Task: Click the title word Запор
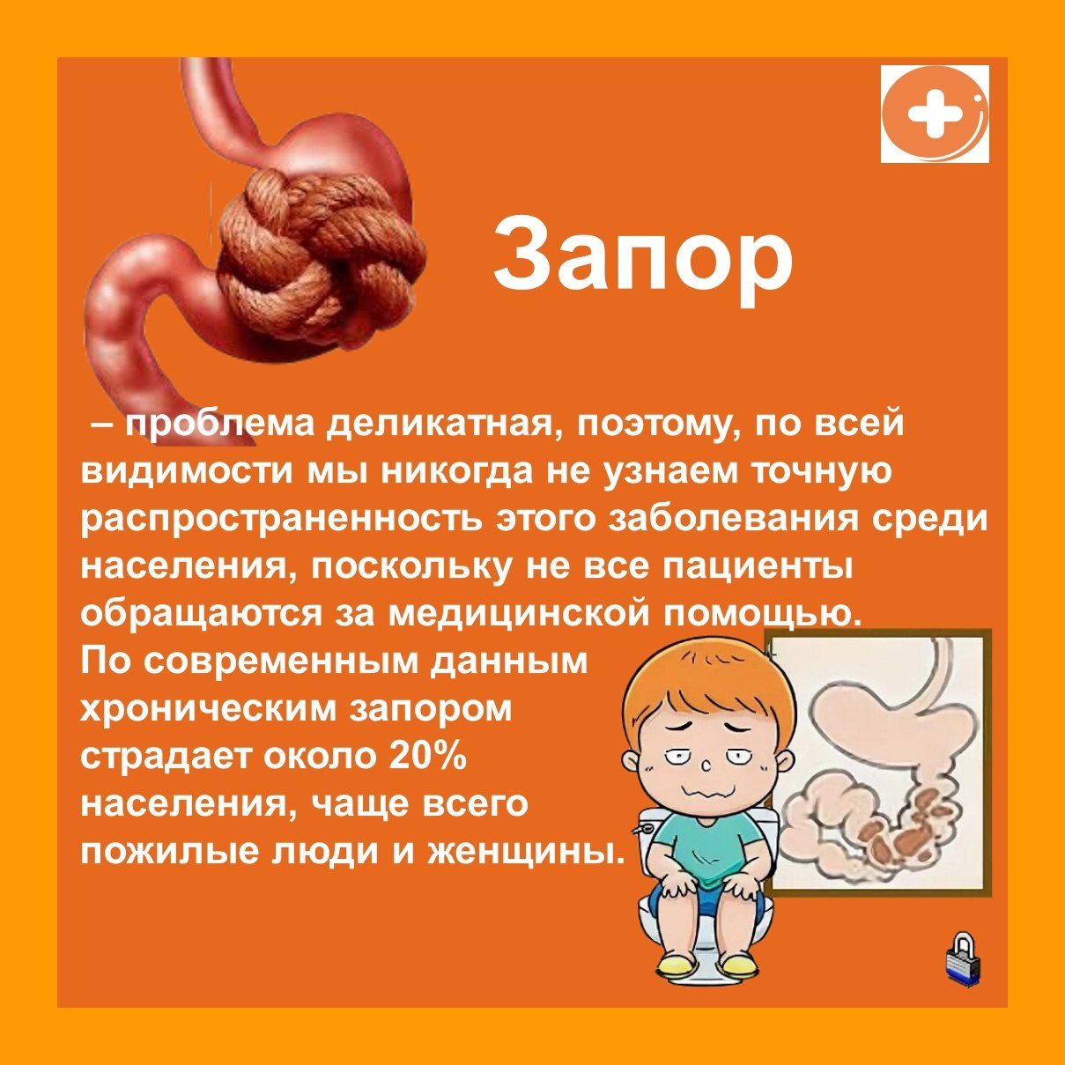point(643,260)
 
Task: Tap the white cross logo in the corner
point(935,114)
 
